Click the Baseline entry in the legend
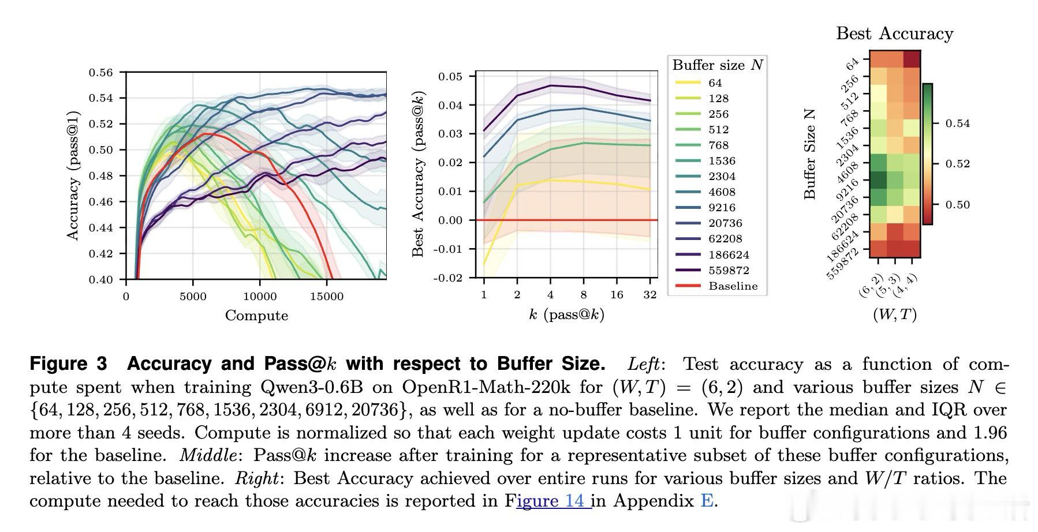click(733, 286)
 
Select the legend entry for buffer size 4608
click(722, 192)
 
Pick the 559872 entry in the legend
click(729, 271)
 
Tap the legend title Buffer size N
click(718, 65)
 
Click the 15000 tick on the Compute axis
click(326, 297)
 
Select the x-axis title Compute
click(256, 316)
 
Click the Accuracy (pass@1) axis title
click(73, 175)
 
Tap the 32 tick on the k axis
click(650, 295)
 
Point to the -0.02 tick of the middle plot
click(450, 278)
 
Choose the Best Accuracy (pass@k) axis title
click(418, 174)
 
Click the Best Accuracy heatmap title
click(894, 33)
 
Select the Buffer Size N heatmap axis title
click(810, 154)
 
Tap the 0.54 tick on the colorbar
click(957, 123)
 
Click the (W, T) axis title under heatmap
click(894, 314)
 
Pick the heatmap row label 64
click(852, 62)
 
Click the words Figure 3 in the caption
click(68, 364)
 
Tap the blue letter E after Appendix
click(707, 501)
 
